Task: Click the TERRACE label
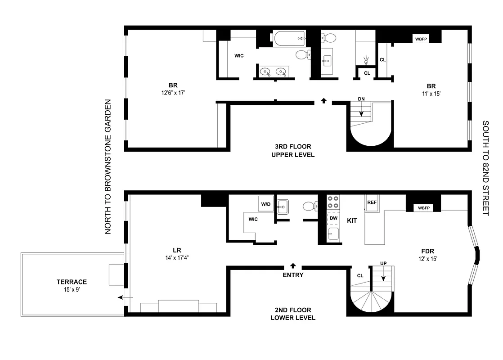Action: coord(72,282)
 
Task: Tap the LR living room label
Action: coord(176,250)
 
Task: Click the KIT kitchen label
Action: coord(352,221)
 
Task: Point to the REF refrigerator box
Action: coord(372,202)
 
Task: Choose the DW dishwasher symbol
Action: coord(333,218)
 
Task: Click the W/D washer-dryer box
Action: coord(265,204)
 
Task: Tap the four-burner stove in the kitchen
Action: coord(333,202)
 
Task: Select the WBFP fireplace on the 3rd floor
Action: coord(421,39)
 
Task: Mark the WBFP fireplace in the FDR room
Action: coord(423,208)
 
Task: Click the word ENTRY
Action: coord(293,275)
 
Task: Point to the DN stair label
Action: coord(361,99)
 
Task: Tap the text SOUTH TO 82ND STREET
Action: coord(485,167)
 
